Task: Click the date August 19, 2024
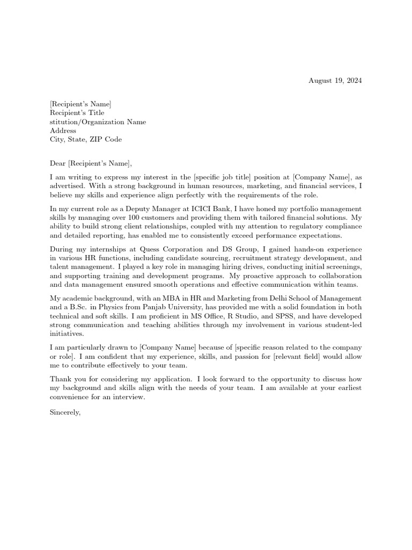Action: (335, 81)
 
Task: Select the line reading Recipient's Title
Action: (77, 113)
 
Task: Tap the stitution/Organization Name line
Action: (97, 122)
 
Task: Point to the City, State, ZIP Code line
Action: (85, 139)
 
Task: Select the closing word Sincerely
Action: (65, 412)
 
